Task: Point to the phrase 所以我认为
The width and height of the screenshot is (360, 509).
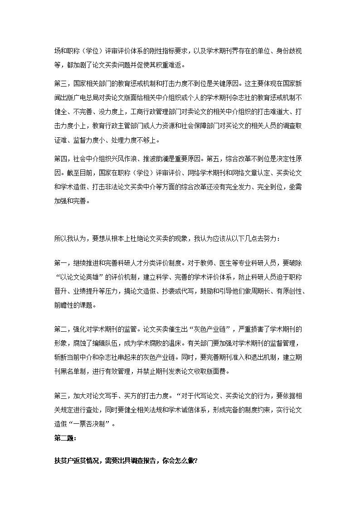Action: [x=70, y=239]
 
